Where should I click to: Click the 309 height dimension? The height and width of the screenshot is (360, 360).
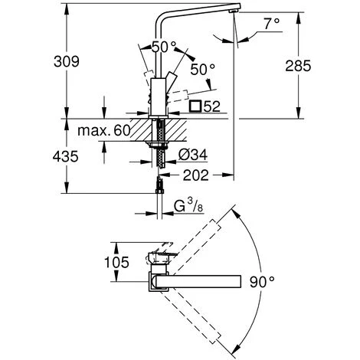[x=67, y=62]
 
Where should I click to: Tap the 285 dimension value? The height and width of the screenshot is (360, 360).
[x=298, y=66]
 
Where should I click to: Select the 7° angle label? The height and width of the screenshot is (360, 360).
[x=272, y=24]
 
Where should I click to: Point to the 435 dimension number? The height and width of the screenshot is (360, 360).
[x=66, y=156]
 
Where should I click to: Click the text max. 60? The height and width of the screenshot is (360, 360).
[x=104, y=130]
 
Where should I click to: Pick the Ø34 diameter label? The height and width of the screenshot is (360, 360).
[x=193, y=155]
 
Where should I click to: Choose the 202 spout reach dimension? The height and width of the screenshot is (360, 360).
[x=196, y=175]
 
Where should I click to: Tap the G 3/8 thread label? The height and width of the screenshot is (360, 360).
[x=188, y=206]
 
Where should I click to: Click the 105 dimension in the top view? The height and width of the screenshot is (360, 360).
[x=116, y=262]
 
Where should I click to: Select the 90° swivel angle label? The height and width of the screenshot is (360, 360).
[x=262, y=282]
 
